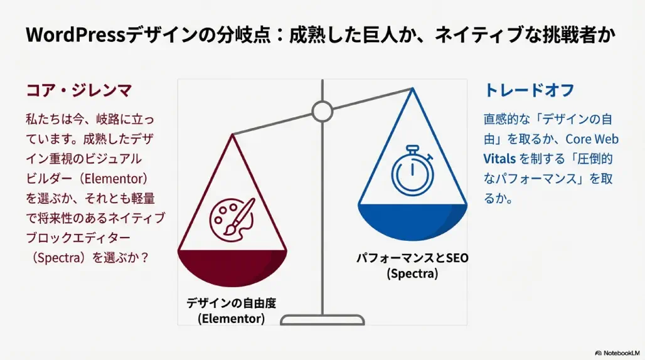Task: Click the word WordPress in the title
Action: [75, 35]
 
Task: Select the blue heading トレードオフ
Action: [528, 90]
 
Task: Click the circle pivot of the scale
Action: [322, 111]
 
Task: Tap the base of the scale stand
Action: [322, 319]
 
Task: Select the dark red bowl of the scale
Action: [232, 267]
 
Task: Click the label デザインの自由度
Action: [231, 303]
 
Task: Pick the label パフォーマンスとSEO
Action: [412, 258]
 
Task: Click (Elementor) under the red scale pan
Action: [231, 319]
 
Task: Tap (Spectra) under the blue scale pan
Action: [412, 273]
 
